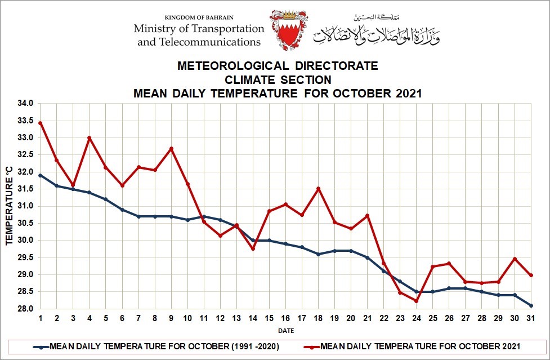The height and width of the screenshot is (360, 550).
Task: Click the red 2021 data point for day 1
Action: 40,123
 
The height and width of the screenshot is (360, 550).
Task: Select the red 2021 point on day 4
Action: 90,138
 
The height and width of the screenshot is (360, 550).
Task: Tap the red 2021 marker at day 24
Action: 416,301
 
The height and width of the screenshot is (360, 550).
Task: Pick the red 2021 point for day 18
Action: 318,189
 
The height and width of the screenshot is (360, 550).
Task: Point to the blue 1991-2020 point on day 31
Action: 531,305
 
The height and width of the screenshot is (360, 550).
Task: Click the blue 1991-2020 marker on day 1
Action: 40,175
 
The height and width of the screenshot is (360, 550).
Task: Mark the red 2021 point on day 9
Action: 171,149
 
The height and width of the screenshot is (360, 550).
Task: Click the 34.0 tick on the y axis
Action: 26,104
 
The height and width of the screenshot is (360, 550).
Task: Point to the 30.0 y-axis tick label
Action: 26,241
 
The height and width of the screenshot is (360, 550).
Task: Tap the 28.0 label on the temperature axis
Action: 26,309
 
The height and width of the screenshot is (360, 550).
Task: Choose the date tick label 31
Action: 531,318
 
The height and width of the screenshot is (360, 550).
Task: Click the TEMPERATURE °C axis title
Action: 9,206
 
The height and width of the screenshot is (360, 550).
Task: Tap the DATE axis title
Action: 285,331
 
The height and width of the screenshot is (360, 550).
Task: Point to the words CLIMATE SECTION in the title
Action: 278,79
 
